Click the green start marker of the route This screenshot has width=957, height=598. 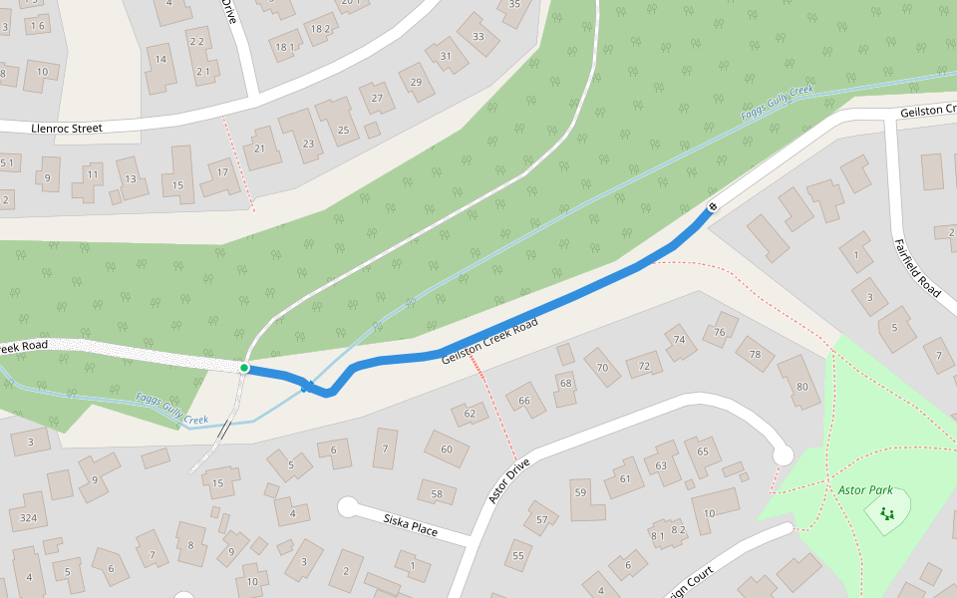(244, 368)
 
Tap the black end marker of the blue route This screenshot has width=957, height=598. (712, 207)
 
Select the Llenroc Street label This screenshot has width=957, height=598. (67, 128)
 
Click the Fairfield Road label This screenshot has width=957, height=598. (916, 267)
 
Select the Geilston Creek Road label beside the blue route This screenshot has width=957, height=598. (490, 341)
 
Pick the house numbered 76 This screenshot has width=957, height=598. (721, 331)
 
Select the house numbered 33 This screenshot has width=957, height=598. (478, 38)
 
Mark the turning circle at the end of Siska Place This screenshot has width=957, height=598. (348, 507)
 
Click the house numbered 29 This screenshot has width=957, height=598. (416, 82)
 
